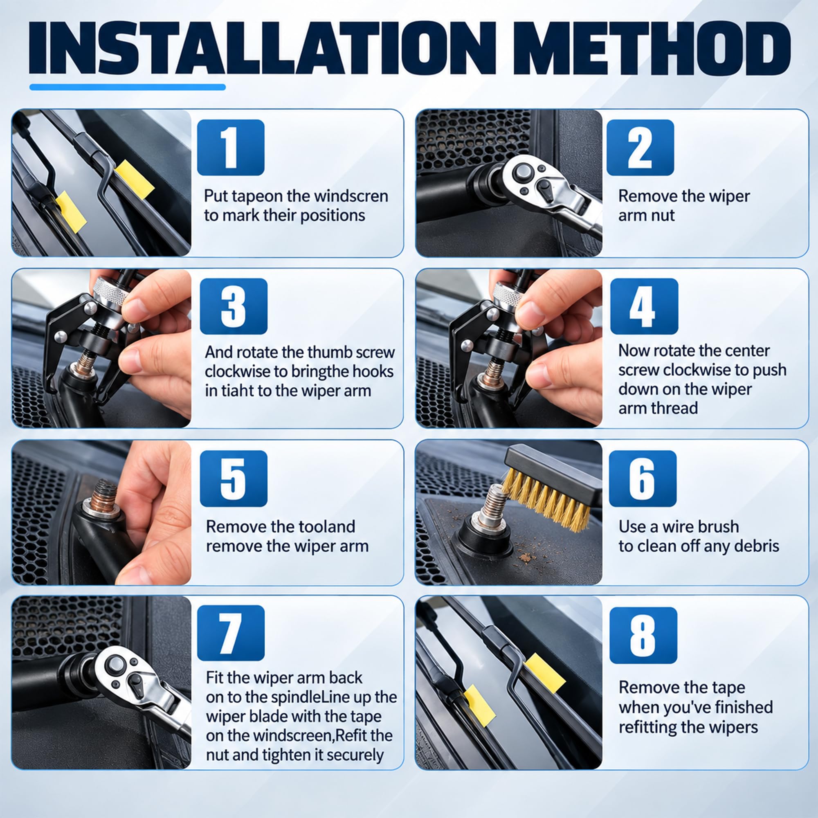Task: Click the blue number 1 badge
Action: click(231, 147)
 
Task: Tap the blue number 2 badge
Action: click(640, 147)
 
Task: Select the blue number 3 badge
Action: click(234, 306)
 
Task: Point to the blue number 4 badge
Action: click(644, 306)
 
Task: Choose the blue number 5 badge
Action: click(234, 479)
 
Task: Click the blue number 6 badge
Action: click(643, 479)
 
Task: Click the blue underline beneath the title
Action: click(128, 87)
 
